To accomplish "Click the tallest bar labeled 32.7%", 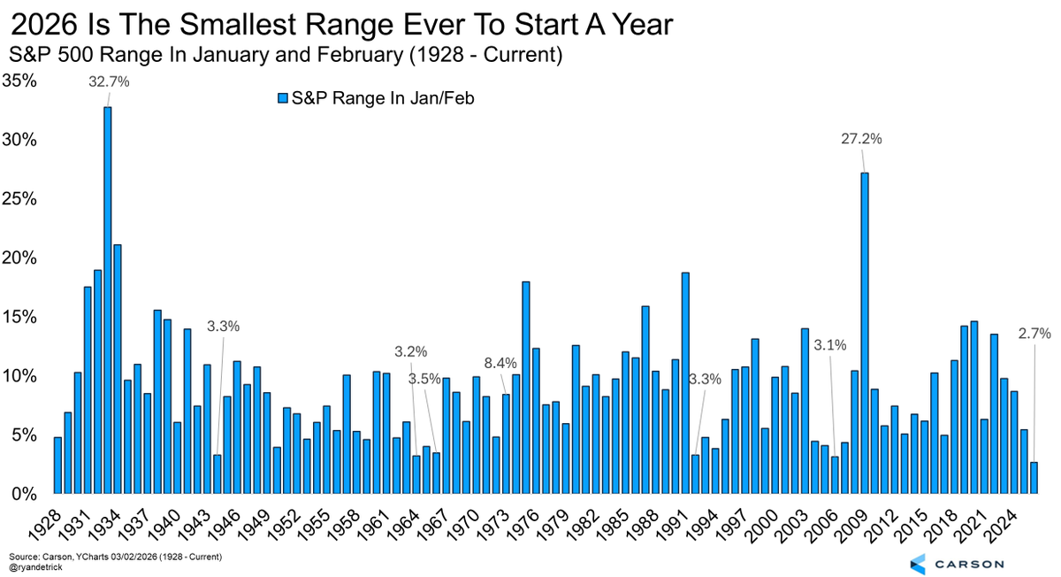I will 108,301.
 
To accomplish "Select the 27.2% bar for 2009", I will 864,333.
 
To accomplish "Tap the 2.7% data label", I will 1034,334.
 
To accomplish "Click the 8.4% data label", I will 500,363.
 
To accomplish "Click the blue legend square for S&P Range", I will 283,98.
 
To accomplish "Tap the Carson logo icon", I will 917,563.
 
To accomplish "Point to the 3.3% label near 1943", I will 223,326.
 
